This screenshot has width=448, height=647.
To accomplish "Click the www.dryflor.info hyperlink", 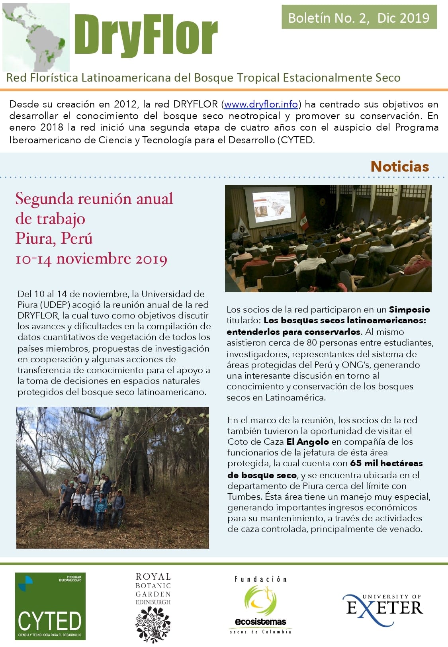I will (261, 105).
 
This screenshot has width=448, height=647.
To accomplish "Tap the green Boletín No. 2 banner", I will (359, 18).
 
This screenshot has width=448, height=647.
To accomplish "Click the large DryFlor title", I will (146, 35).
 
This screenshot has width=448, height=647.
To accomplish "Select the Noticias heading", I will (399, 166).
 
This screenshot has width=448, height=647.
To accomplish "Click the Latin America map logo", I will (36, 37).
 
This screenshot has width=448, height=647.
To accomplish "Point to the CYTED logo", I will (50, 606).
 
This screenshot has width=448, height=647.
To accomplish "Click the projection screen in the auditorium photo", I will (270, 206).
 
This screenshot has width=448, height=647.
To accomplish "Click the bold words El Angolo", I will (307, 442).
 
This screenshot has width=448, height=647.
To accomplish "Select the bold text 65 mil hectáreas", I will (386, 463).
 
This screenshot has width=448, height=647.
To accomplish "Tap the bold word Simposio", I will (409, 310).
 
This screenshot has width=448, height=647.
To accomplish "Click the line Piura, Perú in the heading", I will (54, 238).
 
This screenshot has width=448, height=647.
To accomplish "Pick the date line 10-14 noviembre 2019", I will (91, 258).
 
